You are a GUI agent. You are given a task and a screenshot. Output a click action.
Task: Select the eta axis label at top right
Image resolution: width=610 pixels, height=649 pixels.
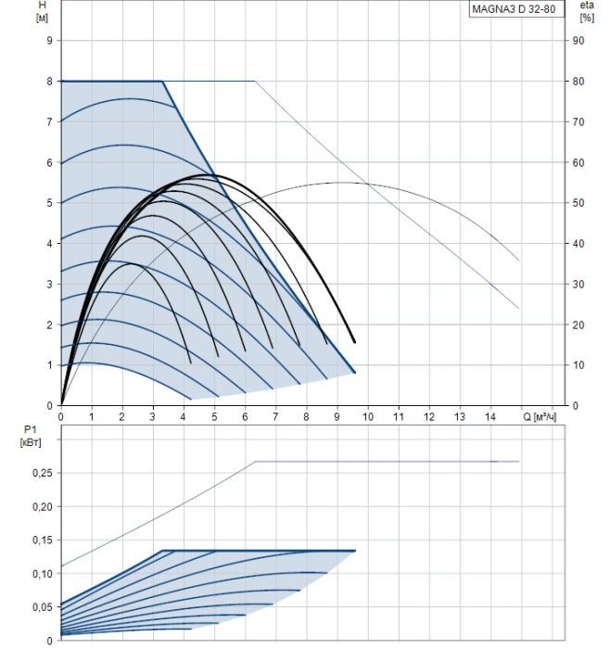(586, 6)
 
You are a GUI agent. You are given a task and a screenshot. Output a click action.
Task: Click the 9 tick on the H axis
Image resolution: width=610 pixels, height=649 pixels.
(50, 41)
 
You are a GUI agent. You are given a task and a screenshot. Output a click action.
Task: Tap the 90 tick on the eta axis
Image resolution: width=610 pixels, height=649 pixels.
(578, 41)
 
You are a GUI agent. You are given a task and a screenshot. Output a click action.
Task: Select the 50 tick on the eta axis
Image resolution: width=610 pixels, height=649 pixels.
(578, 203)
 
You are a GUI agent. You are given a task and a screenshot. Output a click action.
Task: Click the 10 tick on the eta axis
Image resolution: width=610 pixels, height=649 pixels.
(578, 365)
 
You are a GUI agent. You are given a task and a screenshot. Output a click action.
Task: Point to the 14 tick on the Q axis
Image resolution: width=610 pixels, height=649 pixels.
(490, 416)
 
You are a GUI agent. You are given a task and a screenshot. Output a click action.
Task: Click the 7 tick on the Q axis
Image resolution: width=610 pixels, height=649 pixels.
(275, 416)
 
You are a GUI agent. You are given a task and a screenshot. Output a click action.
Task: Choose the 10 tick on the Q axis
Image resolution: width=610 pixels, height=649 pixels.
(368, 416)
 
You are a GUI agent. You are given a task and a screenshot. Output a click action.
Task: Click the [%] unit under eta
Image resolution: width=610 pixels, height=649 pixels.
(586, 18)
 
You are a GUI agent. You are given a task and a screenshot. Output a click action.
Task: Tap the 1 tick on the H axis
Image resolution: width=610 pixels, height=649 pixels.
(50, 365)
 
